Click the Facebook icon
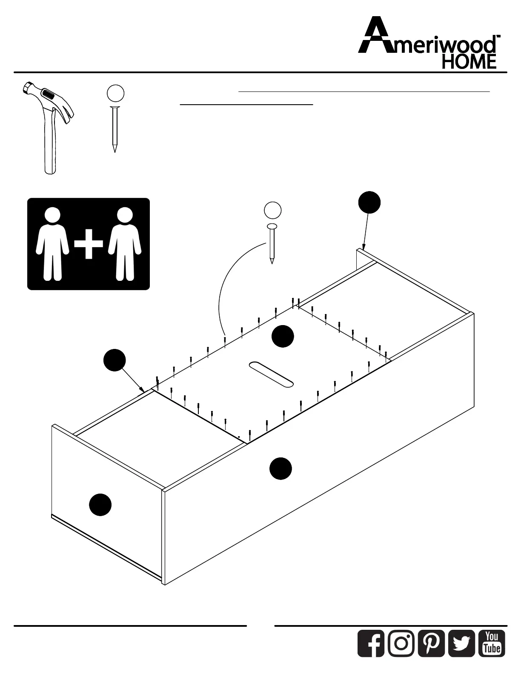tap(371, 643)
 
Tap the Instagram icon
tap(401, 643)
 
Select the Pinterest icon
tap(431, 643)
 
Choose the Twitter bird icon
tap(461, 643)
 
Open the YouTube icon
tap(492, 643)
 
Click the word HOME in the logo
tap(469, 62)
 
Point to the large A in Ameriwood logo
tap(375, 36)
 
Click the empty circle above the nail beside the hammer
tap(115, 93)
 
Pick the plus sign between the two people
tap(89, 244)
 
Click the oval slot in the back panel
tap(271, 374)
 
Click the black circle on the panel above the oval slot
tap(283, 336)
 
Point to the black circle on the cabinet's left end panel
tap(100, 505)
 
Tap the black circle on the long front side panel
tap(281, 468)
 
